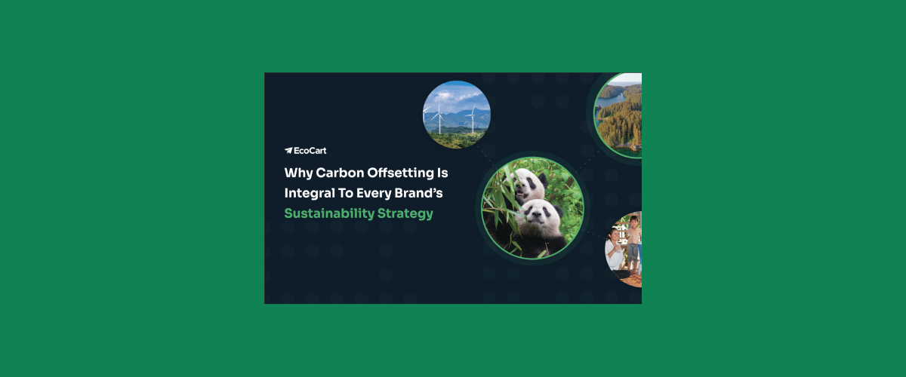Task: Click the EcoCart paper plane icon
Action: pyautogui.click(x=288, y=150)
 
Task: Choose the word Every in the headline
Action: pyautogui.click(x=385, y=193)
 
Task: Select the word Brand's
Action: pyautogui.click(x=436, y=193)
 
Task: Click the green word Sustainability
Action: pyautogui.click(x=328, y=213)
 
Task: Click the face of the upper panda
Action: pyautogui.click(x=532, y=185)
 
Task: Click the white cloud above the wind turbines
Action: pyautogui.click(x=456, y=97)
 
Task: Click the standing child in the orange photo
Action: pyautogui.click(x=633, y=241)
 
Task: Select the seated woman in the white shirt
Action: pyautogui.click(x=615, y=253)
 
